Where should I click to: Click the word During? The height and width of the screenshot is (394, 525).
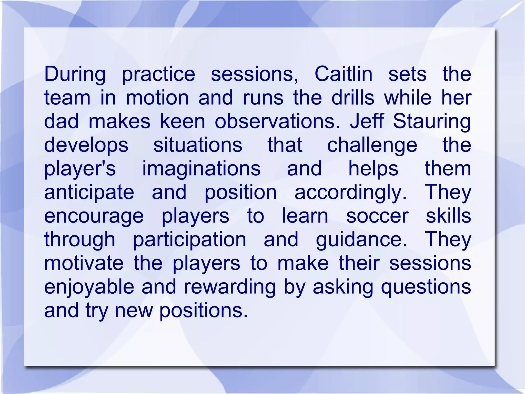coord(75,74)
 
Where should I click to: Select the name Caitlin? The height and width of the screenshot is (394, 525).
coord(343,74)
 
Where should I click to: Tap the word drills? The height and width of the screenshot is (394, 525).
coord(353,98)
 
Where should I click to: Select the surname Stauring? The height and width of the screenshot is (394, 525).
coord(432,121)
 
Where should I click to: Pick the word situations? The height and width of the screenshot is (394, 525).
coord(198,145)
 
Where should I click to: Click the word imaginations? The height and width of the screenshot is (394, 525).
coord(201,169)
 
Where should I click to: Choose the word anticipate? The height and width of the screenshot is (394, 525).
coord(89,193)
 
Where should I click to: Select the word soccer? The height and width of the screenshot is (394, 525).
coord(377,216)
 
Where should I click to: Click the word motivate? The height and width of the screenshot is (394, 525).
coord(84,263)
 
